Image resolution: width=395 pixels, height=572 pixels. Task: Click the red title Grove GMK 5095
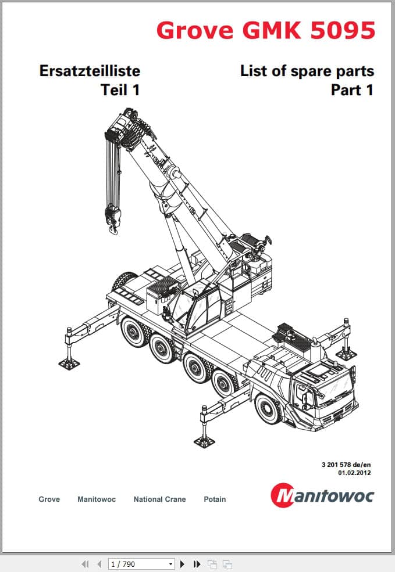tap(266, 30)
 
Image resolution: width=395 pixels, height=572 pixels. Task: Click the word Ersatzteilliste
tap(90, 71)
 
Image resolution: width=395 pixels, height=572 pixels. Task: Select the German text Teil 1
tap(120, 90)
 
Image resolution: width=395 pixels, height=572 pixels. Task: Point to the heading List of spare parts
tap(307, 71)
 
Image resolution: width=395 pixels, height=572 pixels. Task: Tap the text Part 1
tap(353, 90)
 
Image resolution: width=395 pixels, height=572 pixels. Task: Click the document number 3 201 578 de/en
tap(346, 465)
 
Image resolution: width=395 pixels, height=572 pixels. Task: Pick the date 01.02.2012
tap(354, 473)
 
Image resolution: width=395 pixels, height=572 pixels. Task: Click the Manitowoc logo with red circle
tap(322, 495)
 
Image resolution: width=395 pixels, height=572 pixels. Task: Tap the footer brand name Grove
tap(49, 499)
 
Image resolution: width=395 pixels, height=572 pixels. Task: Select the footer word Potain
tap(215, 499)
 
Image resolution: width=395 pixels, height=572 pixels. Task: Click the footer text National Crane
tap(159, 499)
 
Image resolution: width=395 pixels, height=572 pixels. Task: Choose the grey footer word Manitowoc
tap(97, 499)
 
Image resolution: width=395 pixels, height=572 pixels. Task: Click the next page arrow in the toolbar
tap(182, 564)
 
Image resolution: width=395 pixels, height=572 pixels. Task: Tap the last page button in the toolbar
tap(197, 564)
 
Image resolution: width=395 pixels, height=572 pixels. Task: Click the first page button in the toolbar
tap(85, 564)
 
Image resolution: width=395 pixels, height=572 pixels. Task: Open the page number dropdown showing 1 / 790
tap(141, 564)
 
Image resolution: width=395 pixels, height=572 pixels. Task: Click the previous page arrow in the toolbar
tap(99, 564)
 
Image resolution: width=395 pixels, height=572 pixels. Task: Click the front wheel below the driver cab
tap(269, 409)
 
